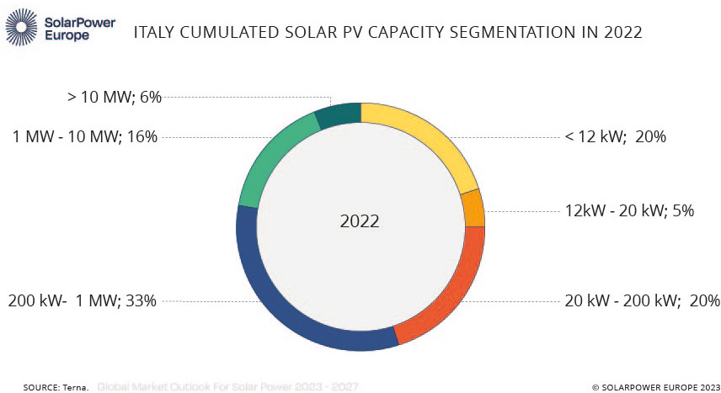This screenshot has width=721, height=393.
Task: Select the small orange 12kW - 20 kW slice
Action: (x=473, y=208)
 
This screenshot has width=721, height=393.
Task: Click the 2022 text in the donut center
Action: (x=360, y=222)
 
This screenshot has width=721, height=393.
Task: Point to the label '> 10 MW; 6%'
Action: (x=114, y=97)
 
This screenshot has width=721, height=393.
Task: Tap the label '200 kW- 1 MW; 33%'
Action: (x=82, y=300)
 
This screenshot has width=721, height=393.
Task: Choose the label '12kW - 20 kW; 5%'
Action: (x=629, y=210)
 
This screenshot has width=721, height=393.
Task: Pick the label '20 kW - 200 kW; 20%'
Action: (x=643, y=300)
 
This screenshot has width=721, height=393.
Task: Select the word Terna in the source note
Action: (x=76, y=387)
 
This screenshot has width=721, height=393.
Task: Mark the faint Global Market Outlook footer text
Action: (x=227, y=387)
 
